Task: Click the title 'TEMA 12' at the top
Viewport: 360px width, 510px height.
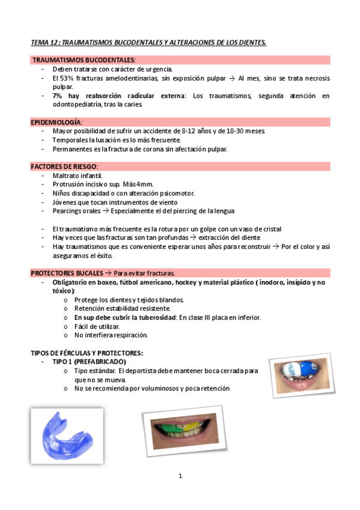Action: (45, 43)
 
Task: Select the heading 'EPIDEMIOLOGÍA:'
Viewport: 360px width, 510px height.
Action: (56, 122)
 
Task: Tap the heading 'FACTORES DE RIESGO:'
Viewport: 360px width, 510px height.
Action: (64, 166)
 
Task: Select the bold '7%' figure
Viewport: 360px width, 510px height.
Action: (57, 96)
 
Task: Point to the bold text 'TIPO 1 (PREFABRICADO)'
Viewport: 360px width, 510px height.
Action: (89, 362)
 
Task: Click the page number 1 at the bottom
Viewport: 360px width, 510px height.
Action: (180, 477)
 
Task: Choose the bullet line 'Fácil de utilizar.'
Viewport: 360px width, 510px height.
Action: (97, 327)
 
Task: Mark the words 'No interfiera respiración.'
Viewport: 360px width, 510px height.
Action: (110, 335)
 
